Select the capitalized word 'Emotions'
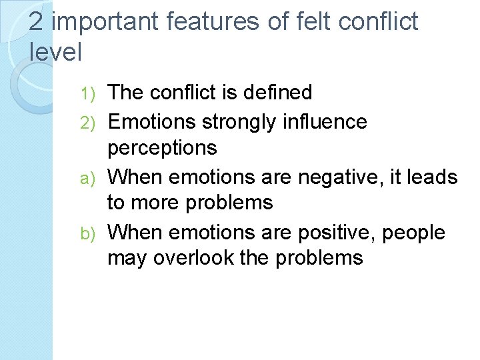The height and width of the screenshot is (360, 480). click(151, 121)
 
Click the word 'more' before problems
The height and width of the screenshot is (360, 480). click(159, 203)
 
